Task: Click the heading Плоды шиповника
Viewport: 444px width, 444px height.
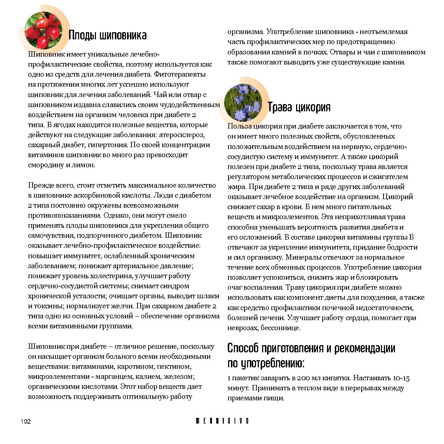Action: [107, 35]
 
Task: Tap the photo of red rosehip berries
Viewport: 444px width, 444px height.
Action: [43, 30]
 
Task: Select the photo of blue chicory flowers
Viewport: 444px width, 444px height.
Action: [243, 102]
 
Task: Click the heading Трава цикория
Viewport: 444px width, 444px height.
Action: [299, 107]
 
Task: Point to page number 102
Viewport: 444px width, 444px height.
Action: [26, 421]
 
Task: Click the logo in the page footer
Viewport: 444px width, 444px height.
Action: [222, 421]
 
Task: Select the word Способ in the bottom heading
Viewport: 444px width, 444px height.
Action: [243, 348]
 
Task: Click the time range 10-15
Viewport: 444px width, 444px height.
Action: [401, 378]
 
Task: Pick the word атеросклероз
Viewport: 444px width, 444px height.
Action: [182, 135]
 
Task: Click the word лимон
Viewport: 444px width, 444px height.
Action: [84, 165]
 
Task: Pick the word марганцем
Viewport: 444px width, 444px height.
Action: [111, 377]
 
